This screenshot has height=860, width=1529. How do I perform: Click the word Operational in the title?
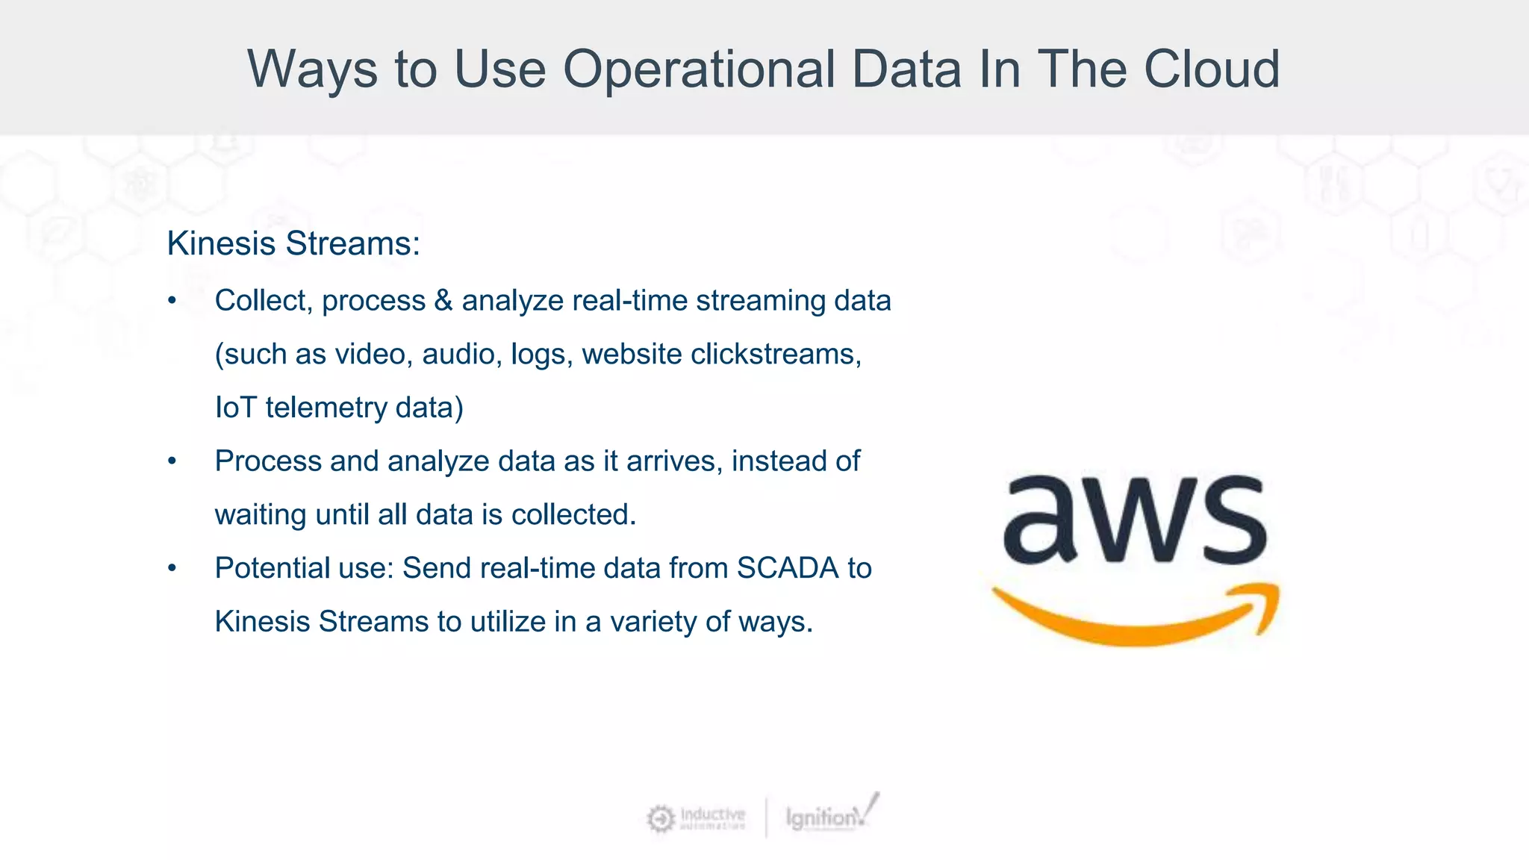click(698, 69)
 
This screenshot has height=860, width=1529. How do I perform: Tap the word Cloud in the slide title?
click(1212, 69)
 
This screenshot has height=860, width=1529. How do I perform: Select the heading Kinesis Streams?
click(293, 243)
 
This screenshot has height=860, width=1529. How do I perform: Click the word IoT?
click(235, 408)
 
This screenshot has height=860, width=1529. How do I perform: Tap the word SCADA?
click(788, 568)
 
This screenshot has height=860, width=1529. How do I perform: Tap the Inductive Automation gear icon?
click(660, 818)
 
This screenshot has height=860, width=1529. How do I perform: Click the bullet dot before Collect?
click(172, 302)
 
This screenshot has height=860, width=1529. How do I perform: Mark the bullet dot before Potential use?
click(172, 569)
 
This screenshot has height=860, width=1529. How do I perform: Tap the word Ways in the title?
click(312, 69)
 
